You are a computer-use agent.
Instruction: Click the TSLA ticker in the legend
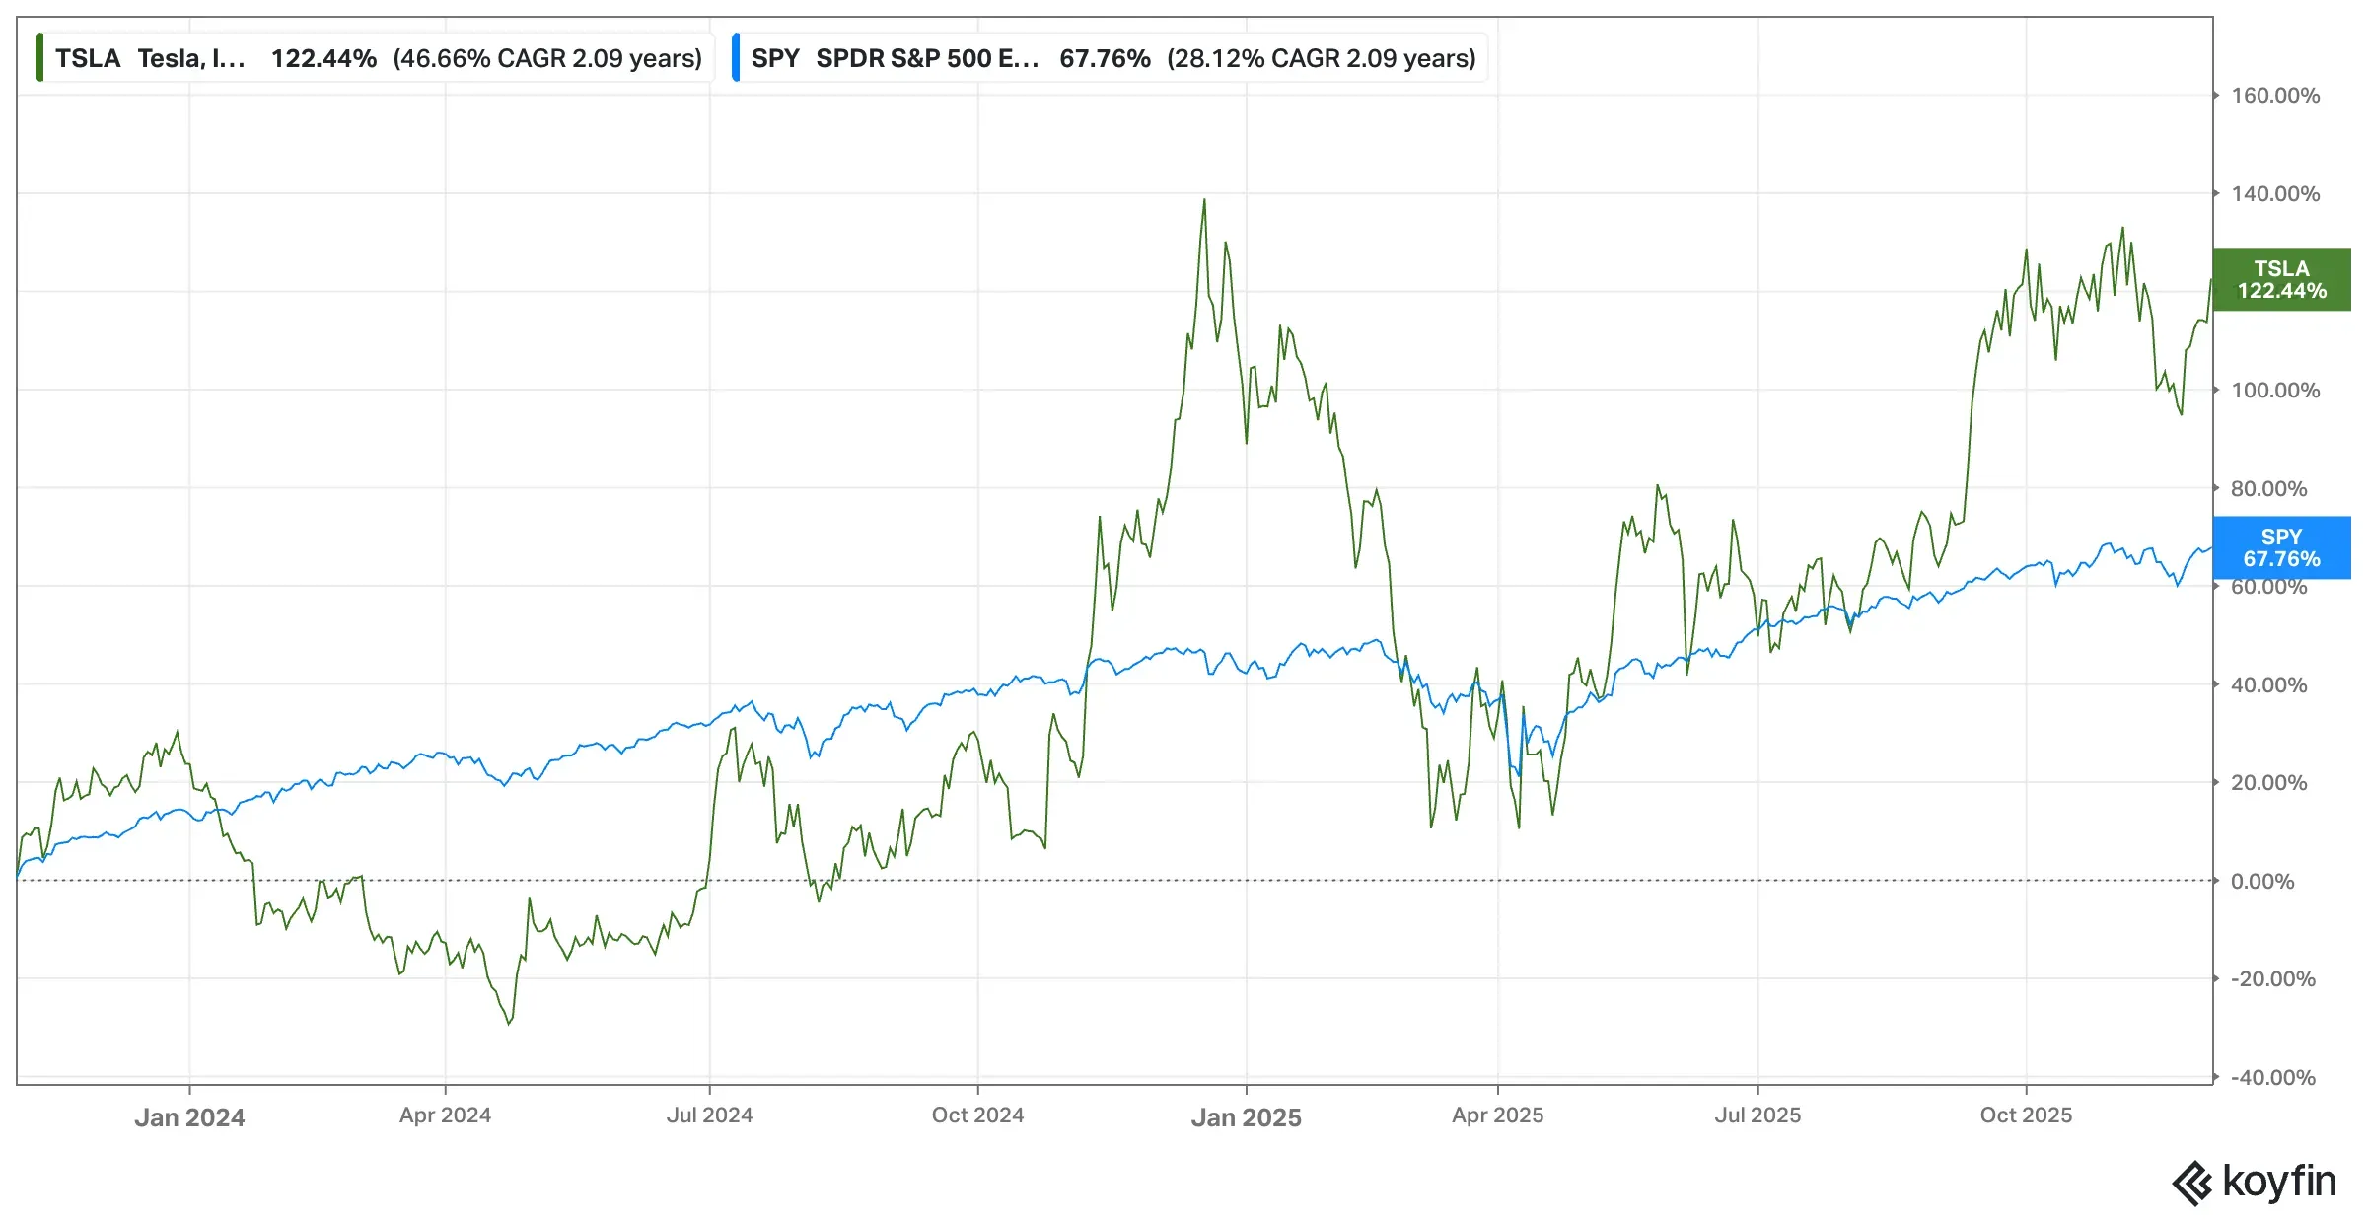coord(88,58)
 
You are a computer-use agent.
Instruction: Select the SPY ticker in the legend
coord(775,58)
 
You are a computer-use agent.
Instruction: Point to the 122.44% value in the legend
coord(323,58)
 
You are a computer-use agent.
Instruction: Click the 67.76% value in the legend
coord(1105,58)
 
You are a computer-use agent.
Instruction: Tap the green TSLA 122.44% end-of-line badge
coord(2281,280)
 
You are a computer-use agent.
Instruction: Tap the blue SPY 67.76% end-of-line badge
coord(2281,548)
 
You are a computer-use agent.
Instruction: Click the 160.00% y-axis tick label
coord(2275,96)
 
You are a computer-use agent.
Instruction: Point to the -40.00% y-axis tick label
coord(2272,1077)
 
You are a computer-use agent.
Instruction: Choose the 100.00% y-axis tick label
coord(2275,391)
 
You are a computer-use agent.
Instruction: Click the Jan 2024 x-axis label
coord(189,1117)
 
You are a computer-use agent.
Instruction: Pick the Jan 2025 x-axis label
coord(1246,1117)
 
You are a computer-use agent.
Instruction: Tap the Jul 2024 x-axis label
coord(709,1115)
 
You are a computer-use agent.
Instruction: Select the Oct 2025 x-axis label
coord(2026,1115)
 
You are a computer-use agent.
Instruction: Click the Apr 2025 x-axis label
coord(1497,1115)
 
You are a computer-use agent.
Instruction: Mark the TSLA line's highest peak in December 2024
coord(1204,200)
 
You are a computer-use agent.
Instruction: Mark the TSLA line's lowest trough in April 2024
coord(509,1024)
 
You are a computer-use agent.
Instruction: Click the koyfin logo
coord(2255,1182)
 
